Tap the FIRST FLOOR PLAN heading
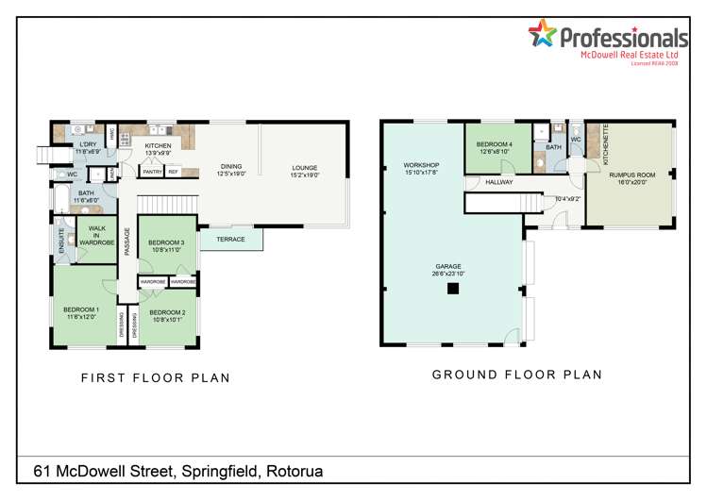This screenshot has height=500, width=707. point(156,377)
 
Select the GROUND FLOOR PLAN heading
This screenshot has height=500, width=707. point(516,375)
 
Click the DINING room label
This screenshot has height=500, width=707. point(231,170)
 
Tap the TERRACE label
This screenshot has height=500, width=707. point(230,240)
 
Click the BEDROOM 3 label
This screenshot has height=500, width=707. point(166,242)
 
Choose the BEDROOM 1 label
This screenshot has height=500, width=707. point(81,310)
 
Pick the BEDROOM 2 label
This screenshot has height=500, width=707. point(167,312)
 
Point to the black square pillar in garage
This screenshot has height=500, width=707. point(453,288)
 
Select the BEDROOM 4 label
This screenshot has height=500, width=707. point(495,144)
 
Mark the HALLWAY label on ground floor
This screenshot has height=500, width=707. point(498,182)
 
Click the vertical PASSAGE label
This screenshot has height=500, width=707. point(126,241)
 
